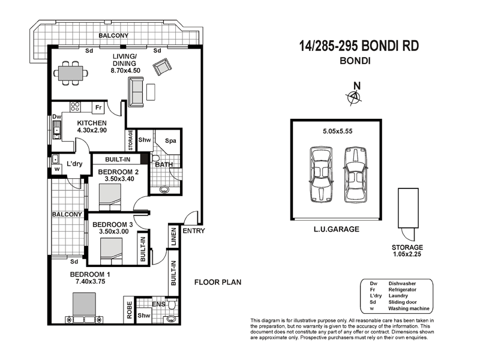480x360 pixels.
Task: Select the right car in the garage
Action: click(355, 175)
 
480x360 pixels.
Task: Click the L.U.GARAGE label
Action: click(335, 229)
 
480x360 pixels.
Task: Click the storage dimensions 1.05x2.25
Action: click(407, 254)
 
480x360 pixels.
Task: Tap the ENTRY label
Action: click(194, 230)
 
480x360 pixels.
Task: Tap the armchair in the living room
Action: click(161, 69)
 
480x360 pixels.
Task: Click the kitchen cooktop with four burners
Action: click(76, 107)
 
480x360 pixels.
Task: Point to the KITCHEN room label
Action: click(92, 123)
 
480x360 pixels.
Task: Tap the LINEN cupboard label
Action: click(174, 237)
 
